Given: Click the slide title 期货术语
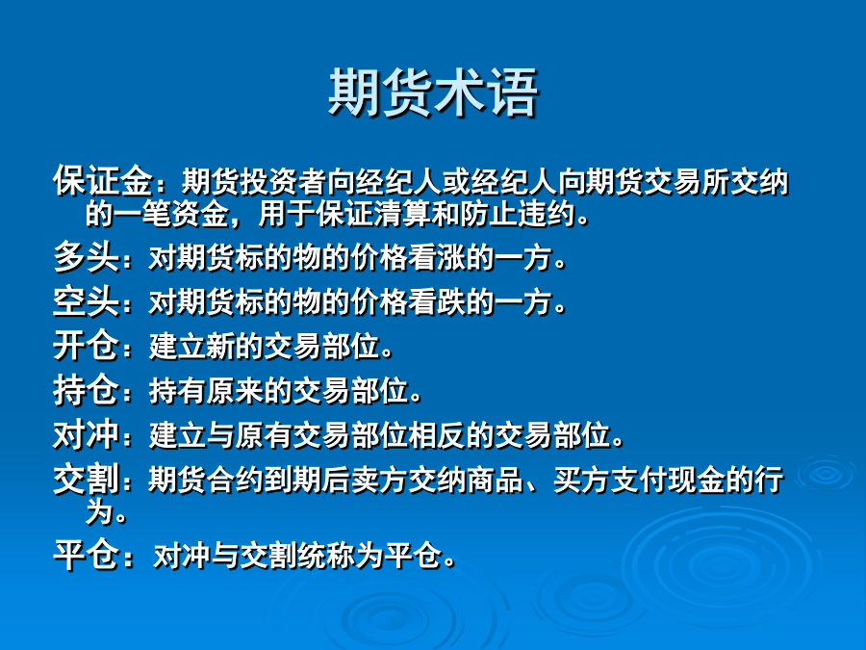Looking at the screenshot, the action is coord(434,92).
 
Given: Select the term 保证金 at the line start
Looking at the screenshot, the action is coord(103,181).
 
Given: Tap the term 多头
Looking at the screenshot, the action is coord(87,257).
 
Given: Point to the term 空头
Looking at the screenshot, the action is coord(87,301).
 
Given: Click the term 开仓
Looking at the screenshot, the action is coord(87,346).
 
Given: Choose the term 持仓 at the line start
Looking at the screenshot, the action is coord(87,390).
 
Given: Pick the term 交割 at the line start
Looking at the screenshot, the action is coord(87,479).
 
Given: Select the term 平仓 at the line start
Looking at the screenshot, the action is coord(87,555).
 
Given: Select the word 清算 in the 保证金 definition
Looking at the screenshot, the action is coord(402,214).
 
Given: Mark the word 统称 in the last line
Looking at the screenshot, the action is coord(326,556).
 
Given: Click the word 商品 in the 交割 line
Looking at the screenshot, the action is coord(496,480).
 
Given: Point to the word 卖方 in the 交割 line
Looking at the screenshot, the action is coord(380,480).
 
